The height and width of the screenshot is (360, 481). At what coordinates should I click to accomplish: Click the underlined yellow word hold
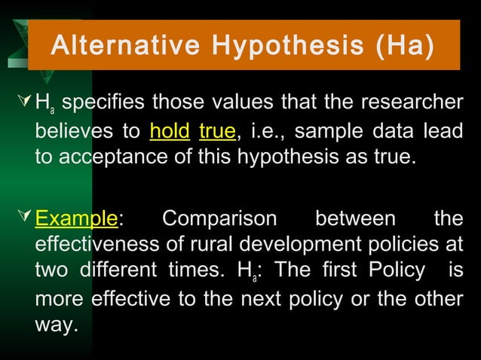[170, 133]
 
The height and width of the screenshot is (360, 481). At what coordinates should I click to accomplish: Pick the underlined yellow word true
[218, 133]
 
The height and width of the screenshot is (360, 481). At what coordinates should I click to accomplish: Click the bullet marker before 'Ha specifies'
[23, 102]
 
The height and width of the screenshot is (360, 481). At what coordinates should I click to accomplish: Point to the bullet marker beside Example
[23, 219]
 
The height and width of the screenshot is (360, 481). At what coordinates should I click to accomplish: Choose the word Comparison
[219, 218]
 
